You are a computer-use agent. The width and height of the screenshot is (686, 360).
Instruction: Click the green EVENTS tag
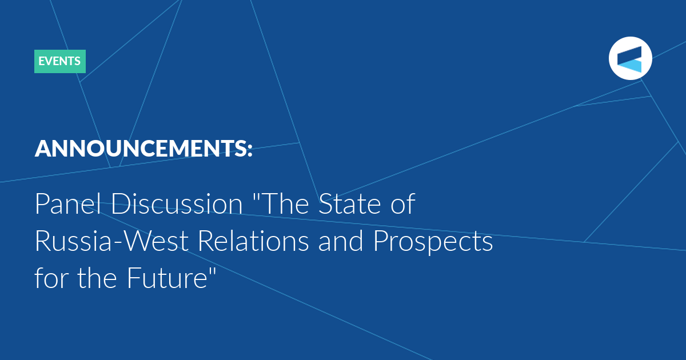60,61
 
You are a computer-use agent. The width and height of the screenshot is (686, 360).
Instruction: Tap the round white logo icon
630,58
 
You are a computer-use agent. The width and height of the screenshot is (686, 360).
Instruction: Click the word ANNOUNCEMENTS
139,149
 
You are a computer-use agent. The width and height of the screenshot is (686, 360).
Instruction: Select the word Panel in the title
68,203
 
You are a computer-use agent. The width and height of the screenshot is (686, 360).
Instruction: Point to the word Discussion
177,203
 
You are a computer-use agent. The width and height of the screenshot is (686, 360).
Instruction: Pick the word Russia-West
111,241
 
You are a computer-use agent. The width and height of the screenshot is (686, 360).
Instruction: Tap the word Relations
253,241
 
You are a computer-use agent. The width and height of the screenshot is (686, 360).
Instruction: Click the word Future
167,278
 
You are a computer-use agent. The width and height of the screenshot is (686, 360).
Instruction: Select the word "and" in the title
341,241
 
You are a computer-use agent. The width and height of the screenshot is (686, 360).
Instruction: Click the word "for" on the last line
51,278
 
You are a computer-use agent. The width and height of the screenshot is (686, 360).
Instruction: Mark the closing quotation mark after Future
212,271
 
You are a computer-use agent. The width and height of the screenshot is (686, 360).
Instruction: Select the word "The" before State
285,203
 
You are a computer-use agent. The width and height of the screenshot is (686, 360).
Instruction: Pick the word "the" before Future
97,278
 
